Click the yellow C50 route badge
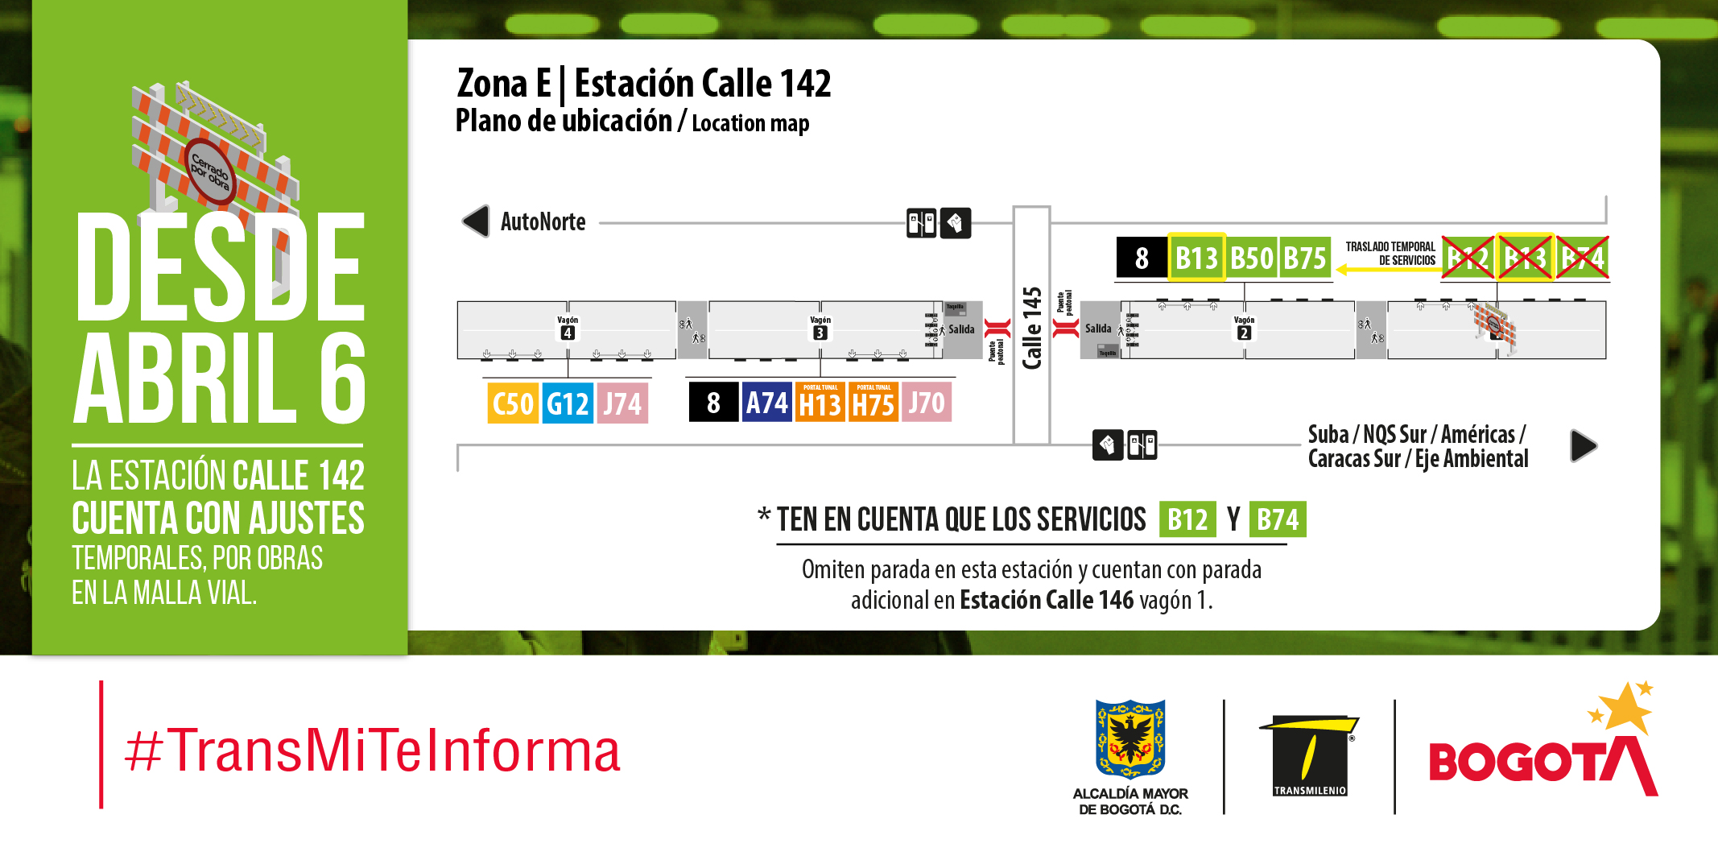(513, 403)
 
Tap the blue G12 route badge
(568, 403)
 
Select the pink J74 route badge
(622, 403)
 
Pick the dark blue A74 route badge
(766, 403)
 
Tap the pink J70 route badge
(927, 403)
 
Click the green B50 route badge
(1252, 258)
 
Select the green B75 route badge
(1305, 258)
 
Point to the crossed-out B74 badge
(1583, 258)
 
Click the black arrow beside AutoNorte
(476, 221)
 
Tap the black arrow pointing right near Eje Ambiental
(1583, 445)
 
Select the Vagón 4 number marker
(568, 333)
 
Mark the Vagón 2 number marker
(1244, 333)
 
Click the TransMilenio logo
(1309, 755)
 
